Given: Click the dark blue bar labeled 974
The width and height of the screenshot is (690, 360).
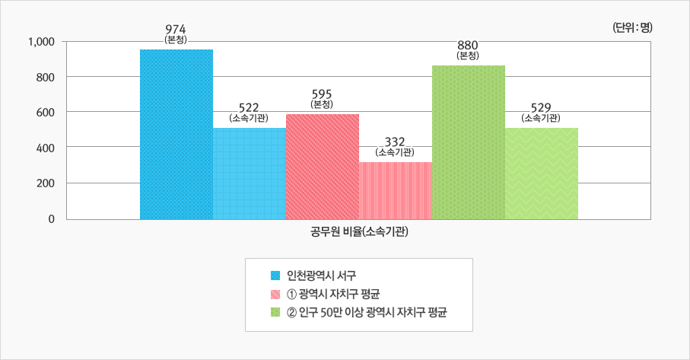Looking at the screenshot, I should click(x=176, y=134).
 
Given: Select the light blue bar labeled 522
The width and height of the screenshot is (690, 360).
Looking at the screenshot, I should click(x=250, y=174).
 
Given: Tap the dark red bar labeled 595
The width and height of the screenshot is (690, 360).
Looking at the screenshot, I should click(x=323, y=167).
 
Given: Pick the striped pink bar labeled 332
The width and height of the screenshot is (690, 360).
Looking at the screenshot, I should click(x=396, y=190).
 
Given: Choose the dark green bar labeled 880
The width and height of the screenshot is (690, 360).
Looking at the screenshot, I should click(x=469, y=142).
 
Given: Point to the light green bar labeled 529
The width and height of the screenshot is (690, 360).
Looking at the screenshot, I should click(x=542, y=174).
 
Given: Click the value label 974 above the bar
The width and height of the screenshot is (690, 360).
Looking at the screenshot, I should click(x=176, y=28).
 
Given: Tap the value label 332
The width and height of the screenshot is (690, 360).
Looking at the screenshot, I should click(x=395, y=142).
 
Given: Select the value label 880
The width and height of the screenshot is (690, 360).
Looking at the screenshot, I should click(x=469, y=44).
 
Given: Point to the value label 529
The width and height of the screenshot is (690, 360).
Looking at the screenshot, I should click(x=542, y=107).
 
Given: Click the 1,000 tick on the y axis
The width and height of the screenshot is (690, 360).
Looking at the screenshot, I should click(x=40, y=41).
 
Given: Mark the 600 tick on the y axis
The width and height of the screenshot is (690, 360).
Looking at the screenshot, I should click(x=45, y=113).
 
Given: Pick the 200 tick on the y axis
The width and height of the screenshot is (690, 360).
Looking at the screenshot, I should click(x=45, y=183).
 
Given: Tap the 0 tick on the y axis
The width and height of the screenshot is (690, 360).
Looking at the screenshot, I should click(x=50, y=219).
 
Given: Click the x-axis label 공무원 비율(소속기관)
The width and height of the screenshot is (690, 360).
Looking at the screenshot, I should click(x=360, y=232).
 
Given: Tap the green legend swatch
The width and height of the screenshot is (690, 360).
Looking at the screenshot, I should click(x=275, y=313).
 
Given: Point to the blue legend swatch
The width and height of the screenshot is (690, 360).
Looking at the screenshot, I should click(x=275, y=275).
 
